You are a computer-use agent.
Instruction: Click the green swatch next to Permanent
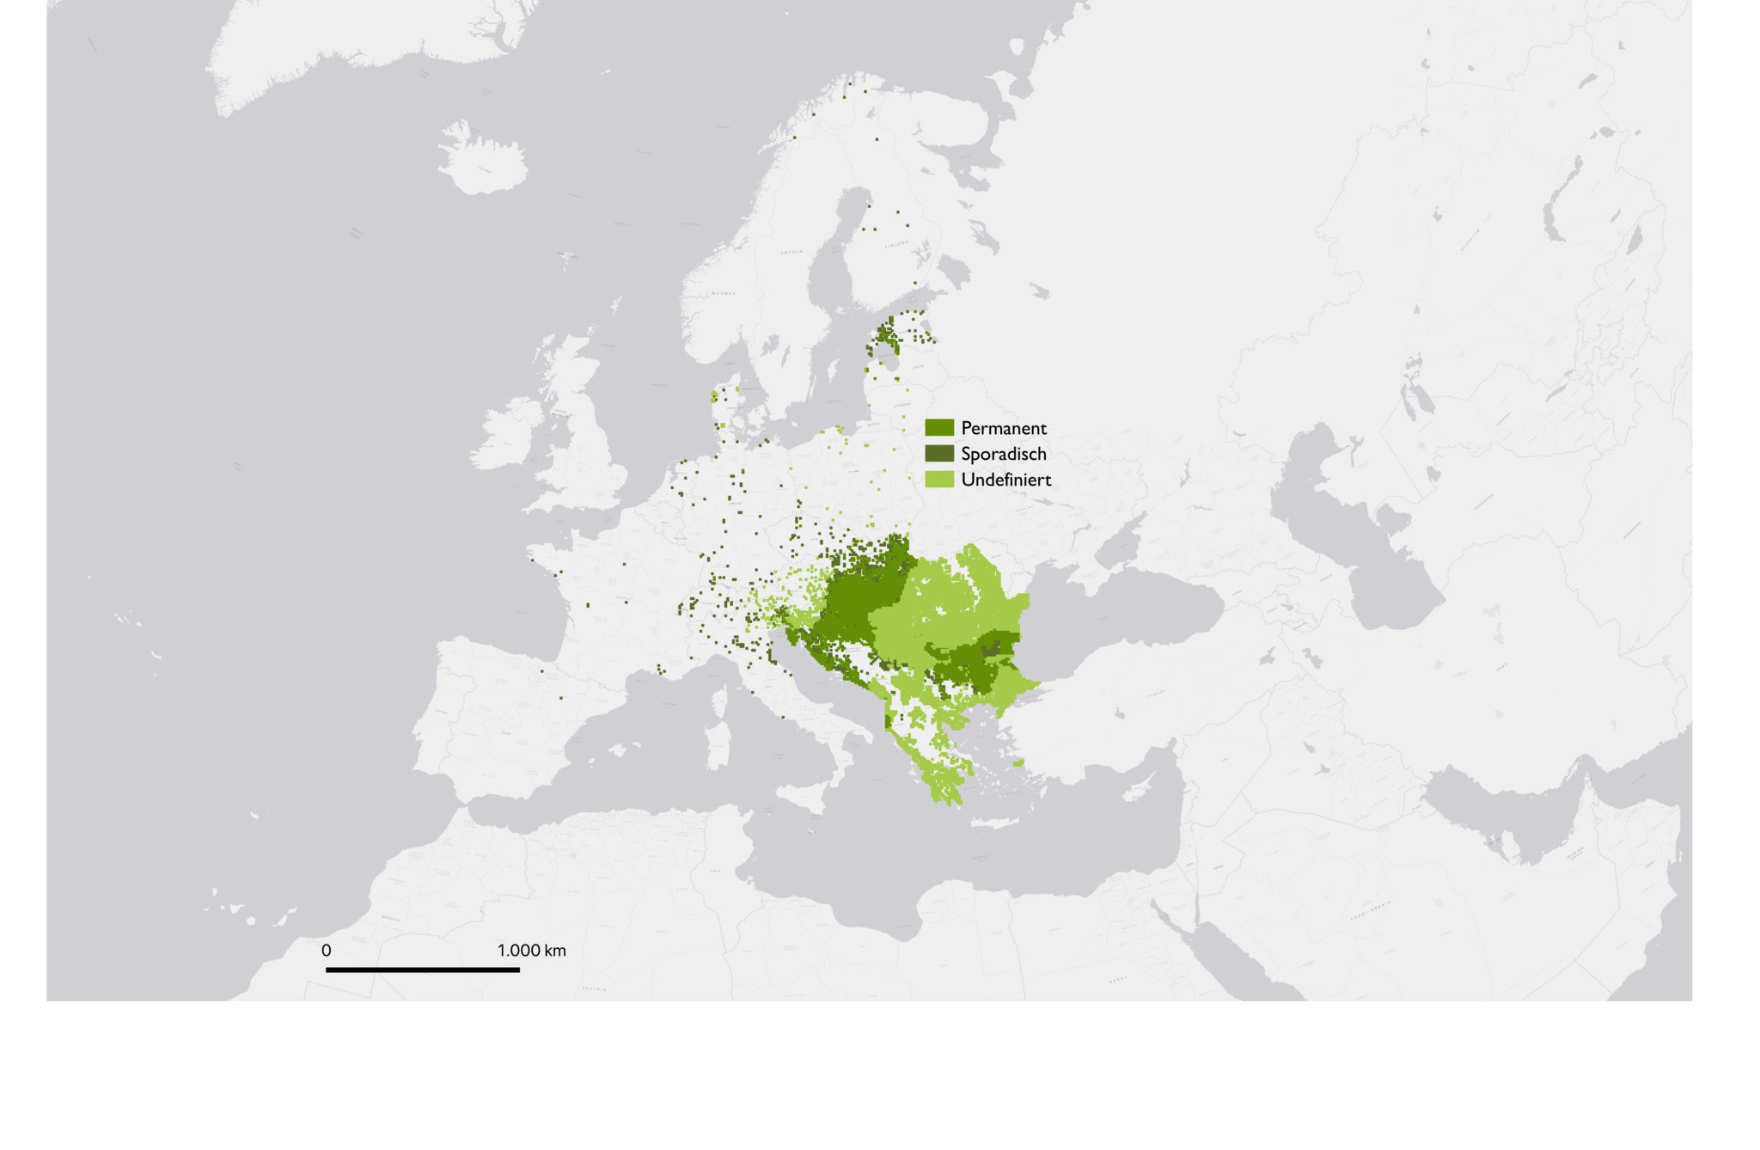[939, 428]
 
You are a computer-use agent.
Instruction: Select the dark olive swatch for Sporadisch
[939, 454]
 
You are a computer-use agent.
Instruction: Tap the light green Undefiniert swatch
[939, 480]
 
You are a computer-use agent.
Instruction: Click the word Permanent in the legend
[1003, 428]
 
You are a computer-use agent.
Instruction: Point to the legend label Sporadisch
[1003, 454]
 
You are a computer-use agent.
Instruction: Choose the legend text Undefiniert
[1005, 480]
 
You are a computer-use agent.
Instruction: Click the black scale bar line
[422, 970]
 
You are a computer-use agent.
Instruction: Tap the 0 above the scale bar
[327, 951]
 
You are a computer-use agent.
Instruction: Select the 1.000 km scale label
[531, 951]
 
